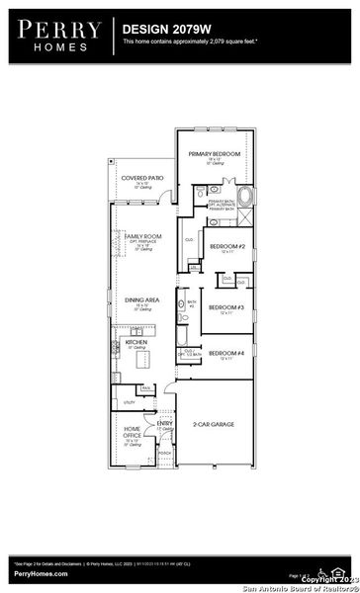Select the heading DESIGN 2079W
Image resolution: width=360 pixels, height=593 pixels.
coord(163,31)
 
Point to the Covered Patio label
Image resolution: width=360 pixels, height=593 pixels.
coord(135,178)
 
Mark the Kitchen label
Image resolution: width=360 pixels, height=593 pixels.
coord(136,341)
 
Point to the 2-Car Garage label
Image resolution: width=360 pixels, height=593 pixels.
coord(213,423)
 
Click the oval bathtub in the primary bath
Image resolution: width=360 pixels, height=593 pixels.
coord(246,195)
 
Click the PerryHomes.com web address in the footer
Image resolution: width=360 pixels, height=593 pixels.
coord(41,574)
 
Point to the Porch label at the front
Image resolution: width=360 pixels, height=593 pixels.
coord(165,454)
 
